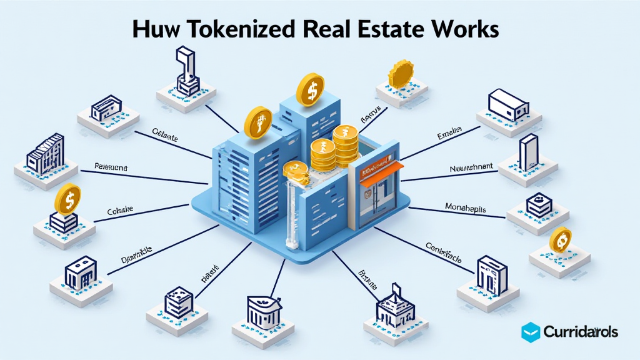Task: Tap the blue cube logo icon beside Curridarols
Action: coord(531,331)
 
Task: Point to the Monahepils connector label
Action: coord(465,207)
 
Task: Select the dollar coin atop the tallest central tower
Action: coord(309,89)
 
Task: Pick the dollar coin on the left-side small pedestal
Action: coord(67,199)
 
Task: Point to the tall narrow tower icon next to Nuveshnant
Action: coord(527,152)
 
